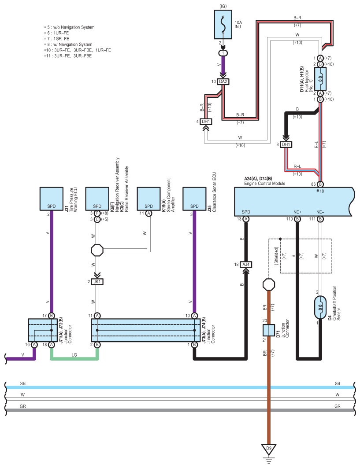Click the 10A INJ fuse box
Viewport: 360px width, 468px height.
tap(223, 25)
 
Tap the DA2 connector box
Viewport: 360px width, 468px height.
tap(223, 81)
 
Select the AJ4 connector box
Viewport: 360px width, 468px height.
tap(246, 265)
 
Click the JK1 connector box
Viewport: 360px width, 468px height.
tap(97, 281)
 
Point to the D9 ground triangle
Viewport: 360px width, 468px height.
tap(269, 450)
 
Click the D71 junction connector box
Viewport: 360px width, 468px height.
tap(269, 330)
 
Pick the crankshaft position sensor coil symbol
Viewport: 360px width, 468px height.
tap(320, 307)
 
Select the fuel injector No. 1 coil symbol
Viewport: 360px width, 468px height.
tap(320, 79)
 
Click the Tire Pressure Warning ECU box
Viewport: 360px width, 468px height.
tap(52, 199)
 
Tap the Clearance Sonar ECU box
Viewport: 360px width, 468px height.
tap(194, 199)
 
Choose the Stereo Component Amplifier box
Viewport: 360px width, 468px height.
tap(148, 199)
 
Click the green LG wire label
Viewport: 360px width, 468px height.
tap(74, 355)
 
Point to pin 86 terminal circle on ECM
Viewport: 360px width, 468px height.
tap(320, 184)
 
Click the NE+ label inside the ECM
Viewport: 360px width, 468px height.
tap(297, 212)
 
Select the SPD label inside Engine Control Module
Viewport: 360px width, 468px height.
tap(246, 212)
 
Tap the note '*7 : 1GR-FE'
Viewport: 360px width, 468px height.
tap(56, 38)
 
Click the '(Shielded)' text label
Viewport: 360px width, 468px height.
tap(276, 255)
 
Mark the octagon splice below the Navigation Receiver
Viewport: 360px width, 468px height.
tap(97, 250)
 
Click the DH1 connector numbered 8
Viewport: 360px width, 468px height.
tap(286, 144)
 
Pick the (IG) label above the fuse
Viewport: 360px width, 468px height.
tap(223, 6)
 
